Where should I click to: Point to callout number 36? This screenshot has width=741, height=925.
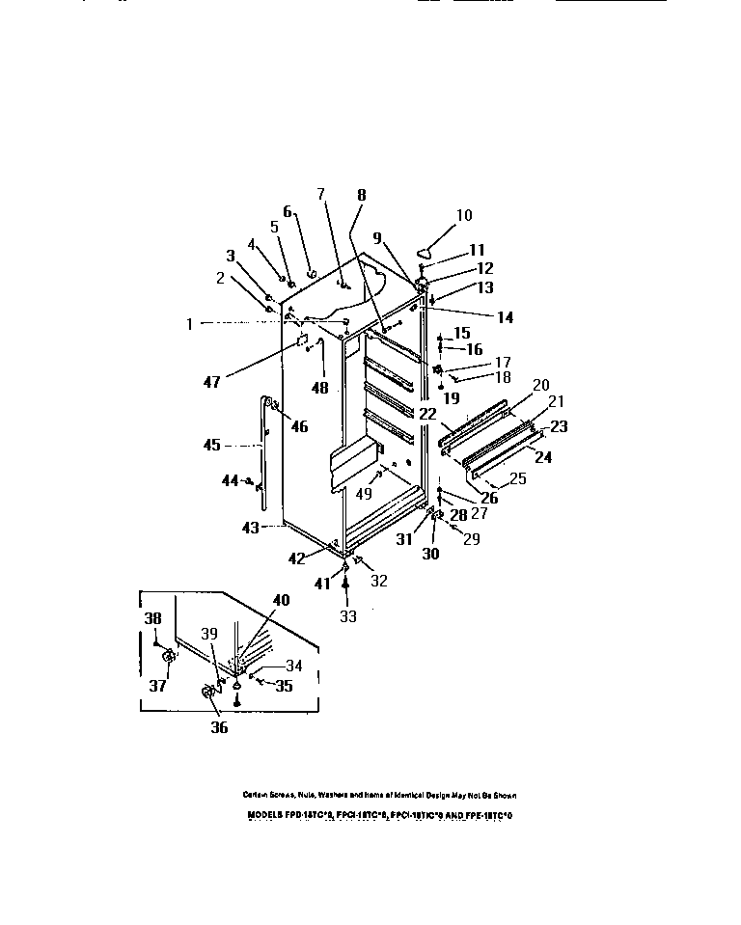pos(219,727)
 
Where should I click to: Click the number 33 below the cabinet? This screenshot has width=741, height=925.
pos(346,614)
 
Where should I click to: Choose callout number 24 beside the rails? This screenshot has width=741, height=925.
pos(543,458)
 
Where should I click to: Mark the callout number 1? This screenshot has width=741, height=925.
pos(190,324)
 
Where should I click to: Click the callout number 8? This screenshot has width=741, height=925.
pos(361,194)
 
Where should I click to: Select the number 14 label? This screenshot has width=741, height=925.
pos(505,316)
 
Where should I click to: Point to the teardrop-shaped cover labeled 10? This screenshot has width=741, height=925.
pos(433,237)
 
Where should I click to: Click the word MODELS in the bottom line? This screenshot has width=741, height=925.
pos(263,815)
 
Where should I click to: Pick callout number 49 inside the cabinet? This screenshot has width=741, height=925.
pos(363,494)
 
